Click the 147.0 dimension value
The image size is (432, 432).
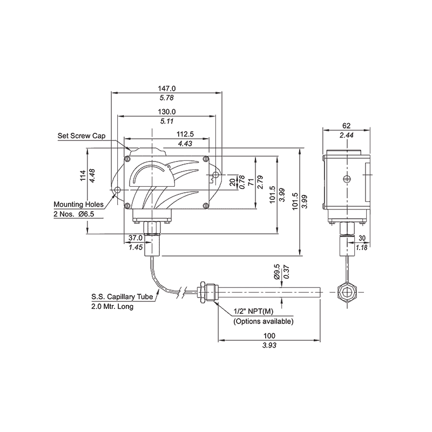pos(167,88)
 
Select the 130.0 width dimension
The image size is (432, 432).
pos(167,111)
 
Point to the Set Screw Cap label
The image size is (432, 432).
pos(81,136)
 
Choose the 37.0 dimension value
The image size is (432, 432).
pos(136,238)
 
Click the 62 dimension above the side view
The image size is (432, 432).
pos(346,126)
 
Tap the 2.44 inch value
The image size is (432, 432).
pos(346,135)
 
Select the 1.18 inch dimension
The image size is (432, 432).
pos(361,247)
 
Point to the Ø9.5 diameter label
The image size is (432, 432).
pos(277,272)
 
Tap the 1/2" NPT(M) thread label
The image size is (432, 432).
pos(255,312)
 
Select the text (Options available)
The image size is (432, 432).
pos(263,321)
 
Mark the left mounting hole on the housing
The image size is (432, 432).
pos(117,190)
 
